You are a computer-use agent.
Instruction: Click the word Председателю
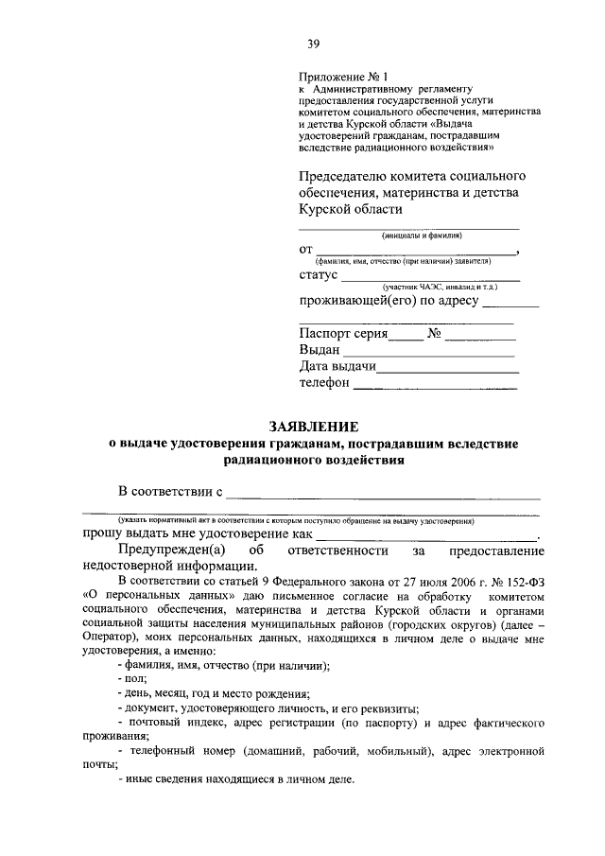coord(341,176)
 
